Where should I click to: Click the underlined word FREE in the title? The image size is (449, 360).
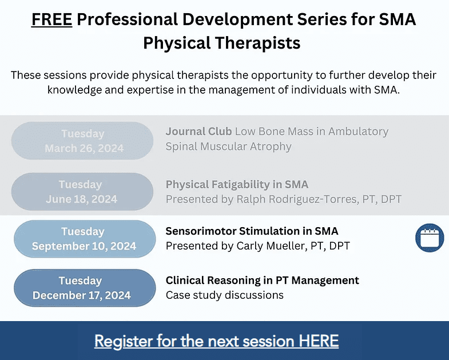point(51,20)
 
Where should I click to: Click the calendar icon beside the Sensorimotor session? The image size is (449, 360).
point(429,238)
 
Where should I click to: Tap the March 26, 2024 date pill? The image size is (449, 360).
point(83,141)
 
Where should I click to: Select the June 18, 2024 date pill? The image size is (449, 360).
point(83,192)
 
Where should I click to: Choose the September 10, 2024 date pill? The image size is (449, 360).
point(84,239)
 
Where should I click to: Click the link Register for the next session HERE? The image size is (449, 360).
point(216,341)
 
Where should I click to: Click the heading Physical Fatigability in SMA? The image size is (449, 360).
point(237,184)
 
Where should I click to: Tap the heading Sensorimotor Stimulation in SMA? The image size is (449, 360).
point(252,231)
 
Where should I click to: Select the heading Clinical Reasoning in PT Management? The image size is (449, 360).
point(262,280)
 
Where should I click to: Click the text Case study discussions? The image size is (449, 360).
point(224,295)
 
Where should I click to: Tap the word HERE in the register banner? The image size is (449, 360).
point(319,341)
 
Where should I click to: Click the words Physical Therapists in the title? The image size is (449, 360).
point(222,43)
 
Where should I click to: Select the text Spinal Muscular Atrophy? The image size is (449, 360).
point(228,147)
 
